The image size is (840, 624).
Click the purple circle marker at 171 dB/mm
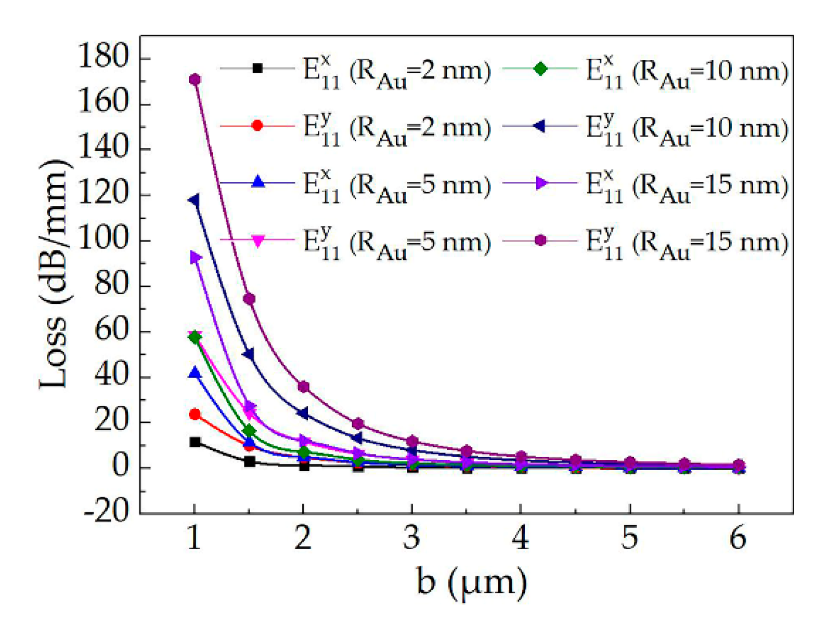[x=195, y=79]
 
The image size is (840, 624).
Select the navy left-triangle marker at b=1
[x=194, y=201]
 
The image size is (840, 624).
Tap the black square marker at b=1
[x=195, y=442]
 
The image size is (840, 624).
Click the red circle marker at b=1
[x=195, y=414]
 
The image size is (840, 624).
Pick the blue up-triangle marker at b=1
[x=195, y=373]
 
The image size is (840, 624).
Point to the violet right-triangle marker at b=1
[x=196, y=257]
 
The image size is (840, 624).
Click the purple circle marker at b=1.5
[x=249, y=299]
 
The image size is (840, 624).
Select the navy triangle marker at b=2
[x=303, y=413]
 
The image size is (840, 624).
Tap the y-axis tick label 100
[x=103, y=240]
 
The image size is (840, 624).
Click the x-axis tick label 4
[x=521, y=538]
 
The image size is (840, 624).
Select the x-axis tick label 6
[x=738, y=538]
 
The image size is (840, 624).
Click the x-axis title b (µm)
[x=471, y=582]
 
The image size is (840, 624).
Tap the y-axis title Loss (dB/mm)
[x=54, y=274]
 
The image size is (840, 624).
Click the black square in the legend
[x=257, y=68]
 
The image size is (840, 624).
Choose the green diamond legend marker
[x=540, y=68]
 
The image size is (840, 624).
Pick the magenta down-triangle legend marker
[x=257, y=241]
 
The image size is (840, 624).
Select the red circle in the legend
[x=257, y=125]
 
